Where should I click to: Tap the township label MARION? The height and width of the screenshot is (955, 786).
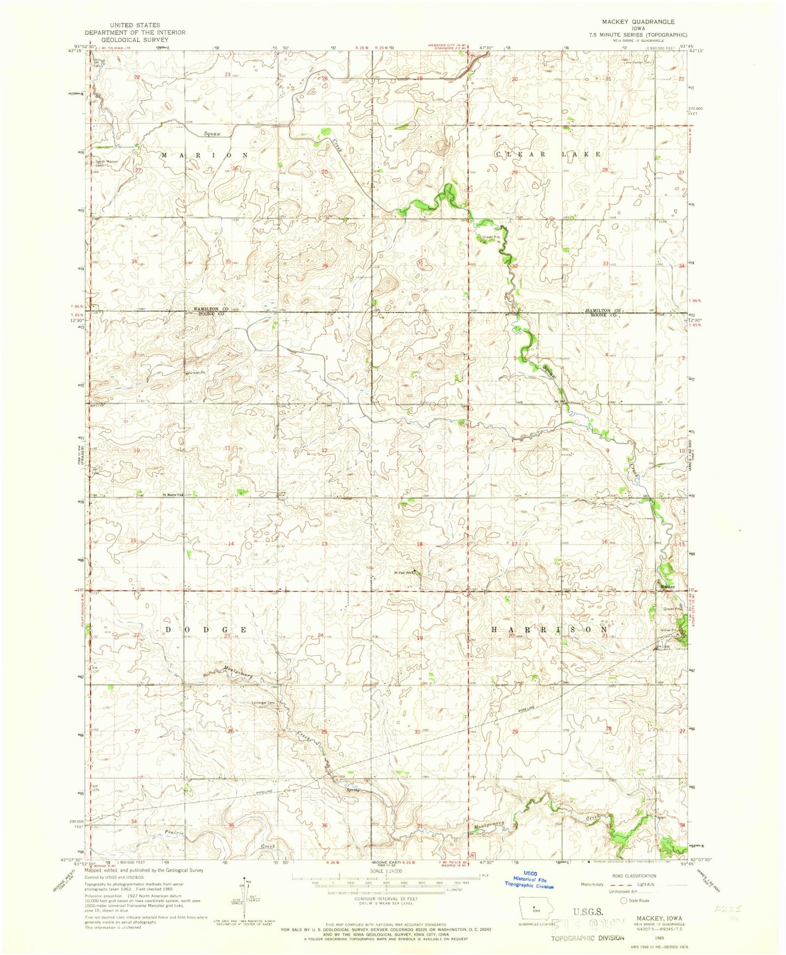click(x=205, y=155)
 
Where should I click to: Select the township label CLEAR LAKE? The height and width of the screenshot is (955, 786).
click(x=548, y=154)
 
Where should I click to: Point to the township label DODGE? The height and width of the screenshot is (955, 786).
click(x=206, y=629)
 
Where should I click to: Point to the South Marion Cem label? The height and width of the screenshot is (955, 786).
click(x=107, y=163)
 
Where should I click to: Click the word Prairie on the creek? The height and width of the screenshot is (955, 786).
click(x=175, y=833)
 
